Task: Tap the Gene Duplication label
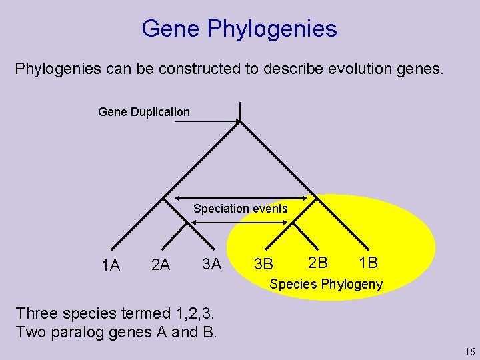click(x=144, y=112)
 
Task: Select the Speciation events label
click(x=241, y=209)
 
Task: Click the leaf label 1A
click(x=111, y=266)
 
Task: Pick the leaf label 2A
click(x=161, y=265)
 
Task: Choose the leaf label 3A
click(x=211, y=264)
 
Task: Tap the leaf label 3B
click(x=264, y=265)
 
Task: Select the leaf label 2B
click(x=318, y=263)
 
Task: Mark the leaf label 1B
click(x=368, y=263)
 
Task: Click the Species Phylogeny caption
click(x=326, y=285)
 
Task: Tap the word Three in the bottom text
click(x=37, y=313)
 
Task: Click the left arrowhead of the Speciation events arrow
click(x=176, y=198)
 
